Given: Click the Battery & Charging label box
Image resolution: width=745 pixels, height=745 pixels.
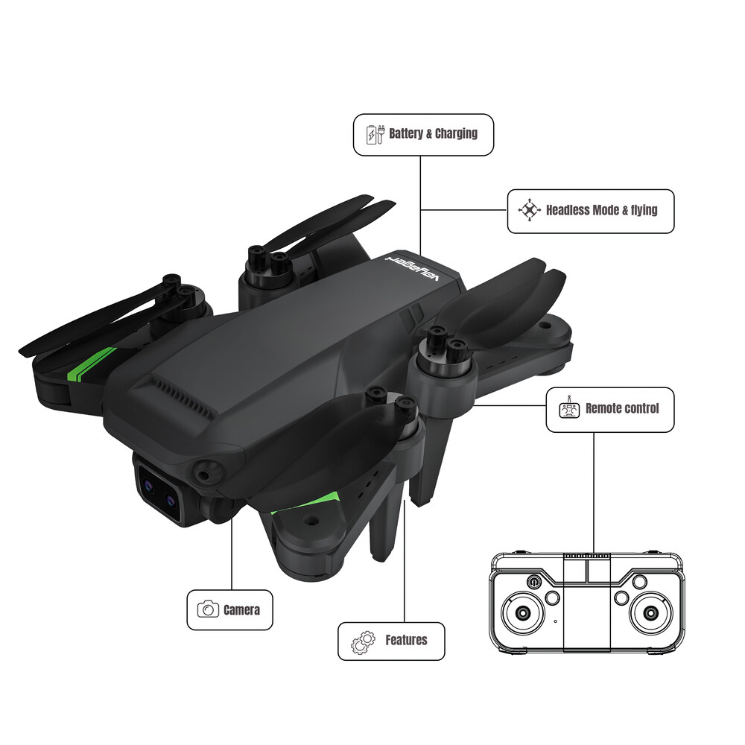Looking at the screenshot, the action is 423,134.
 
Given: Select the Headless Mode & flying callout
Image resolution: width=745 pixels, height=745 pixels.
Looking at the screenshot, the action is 591,211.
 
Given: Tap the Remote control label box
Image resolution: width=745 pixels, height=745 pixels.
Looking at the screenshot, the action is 610,410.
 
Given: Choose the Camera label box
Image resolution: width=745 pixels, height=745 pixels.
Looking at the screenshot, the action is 229,610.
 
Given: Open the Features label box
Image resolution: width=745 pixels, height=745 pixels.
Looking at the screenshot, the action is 391,641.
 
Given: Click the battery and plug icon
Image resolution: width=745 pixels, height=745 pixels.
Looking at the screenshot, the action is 375,134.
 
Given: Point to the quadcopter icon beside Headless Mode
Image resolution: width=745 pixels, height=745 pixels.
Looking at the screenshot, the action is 529,209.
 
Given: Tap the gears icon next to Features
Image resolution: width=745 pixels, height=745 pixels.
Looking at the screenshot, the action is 363,642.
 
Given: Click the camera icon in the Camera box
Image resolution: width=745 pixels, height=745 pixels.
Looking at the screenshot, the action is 208,609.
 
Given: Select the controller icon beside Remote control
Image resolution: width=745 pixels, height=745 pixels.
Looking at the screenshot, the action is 569,408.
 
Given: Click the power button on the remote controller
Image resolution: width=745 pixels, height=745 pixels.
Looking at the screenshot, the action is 533,582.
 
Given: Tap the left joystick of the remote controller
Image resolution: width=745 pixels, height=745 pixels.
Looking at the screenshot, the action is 523,613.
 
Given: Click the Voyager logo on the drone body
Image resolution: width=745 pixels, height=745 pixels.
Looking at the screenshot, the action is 413,268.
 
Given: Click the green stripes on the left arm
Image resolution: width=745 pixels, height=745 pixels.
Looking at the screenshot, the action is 92,364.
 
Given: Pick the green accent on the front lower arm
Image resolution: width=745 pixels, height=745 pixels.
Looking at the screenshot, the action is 305,503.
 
